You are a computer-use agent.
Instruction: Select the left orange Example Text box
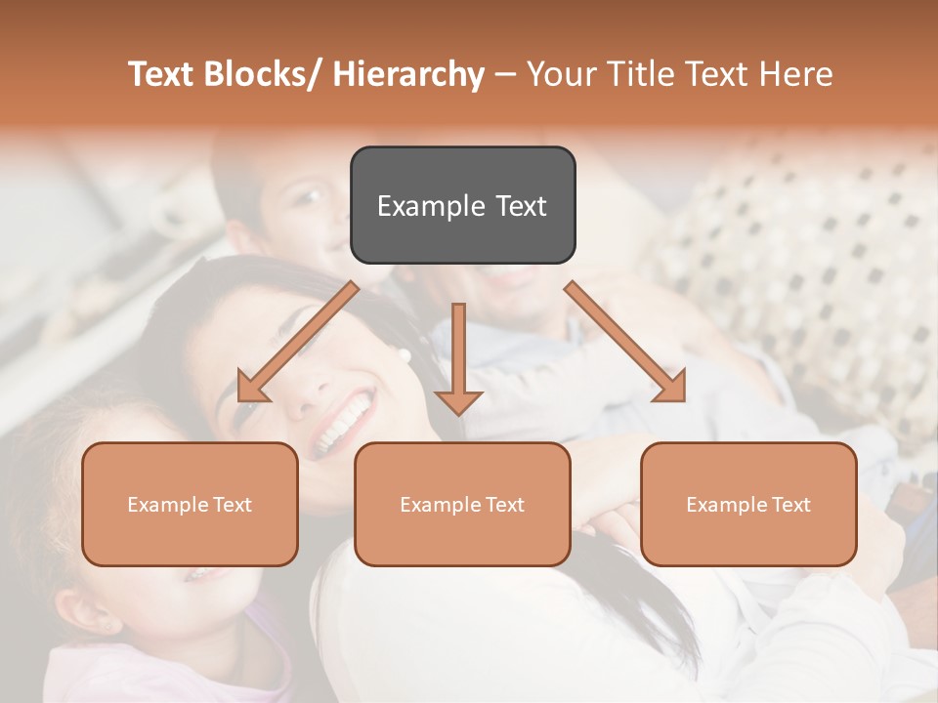(190, 504)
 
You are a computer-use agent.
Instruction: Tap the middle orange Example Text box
(462, 504)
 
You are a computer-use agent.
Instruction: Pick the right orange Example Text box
(748, 504)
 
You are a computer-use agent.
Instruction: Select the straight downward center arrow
(458, 356)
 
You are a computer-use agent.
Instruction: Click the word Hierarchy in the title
(408, 74)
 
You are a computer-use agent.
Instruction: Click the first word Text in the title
(162, 74)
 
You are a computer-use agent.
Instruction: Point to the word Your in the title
(560, 74)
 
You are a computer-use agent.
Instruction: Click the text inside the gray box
(462, 206)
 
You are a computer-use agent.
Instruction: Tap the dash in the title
(505, 75)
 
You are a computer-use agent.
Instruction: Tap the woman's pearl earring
(404, 355)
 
